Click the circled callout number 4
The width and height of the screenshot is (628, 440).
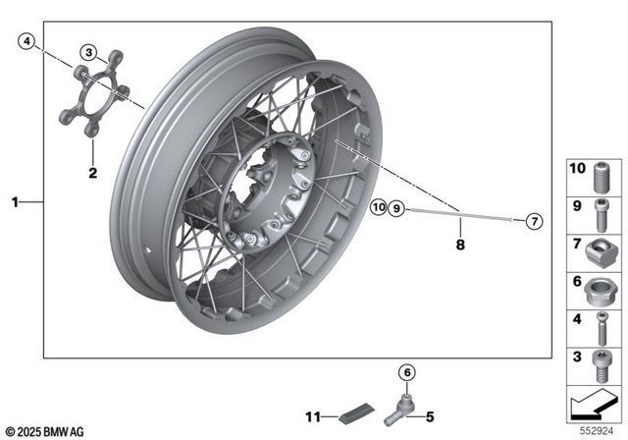click(26, 41)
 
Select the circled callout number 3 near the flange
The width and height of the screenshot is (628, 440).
click(88, 52)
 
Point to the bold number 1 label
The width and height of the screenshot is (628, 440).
click(15, 202)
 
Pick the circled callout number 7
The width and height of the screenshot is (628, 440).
click(533, 221)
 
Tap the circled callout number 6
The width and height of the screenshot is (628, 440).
click(405, 371)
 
